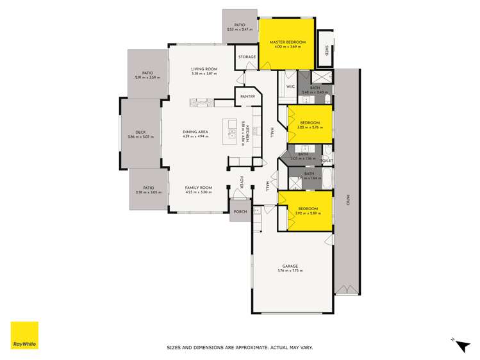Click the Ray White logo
24,336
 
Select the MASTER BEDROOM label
288,42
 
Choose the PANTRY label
247,97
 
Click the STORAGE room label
247,57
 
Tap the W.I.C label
289,86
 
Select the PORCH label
240,211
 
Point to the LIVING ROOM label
204,69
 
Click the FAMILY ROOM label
198,188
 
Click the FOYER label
242,183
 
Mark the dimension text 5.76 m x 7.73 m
290,271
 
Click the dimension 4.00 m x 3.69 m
288,47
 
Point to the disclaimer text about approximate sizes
239,348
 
